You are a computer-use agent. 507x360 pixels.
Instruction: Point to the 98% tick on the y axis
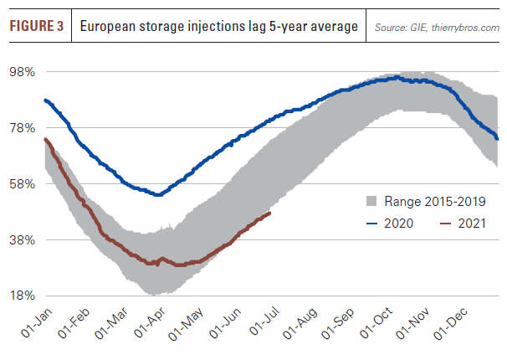click(22, 72)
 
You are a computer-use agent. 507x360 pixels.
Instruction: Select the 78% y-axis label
click(22, 127)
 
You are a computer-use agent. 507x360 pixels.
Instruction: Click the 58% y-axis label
click(22, 183)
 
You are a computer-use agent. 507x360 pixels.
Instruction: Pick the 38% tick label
click(22, 239)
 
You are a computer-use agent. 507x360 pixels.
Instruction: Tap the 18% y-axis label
click(22, 296)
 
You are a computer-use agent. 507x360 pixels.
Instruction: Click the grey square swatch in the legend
click(372, 202)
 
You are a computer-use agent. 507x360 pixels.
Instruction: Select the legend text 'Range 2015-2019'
click(435, 202)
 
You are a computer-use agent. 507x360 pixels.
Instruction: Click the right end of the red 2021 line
click(270, 213)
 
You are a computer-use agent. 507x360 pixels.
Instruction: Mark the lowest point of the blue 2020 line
click(157, 194)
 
